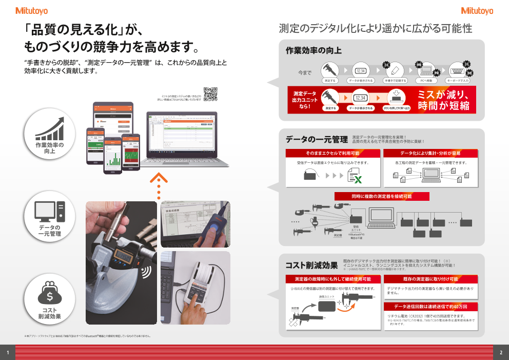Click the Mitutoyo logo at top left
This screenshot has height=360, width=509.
(x=32, y=11)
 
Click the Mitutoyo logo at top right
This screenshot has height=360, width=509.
(x=477, y=11)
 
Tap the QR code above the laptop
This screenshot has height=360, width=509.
(x=210, y=94)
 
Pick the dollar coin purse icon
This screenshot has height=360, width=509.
(x=50, y=293)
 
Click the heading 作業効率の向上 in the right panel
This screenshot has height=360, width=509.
(x=314, y=51)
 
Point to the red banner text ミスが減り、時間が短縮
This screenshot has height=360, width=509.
(x=443, y=100)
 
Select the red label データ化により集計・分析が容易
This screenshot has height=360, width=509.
(x=430, y=154)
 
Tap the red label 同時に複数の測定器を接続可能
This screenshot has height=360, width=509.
(x=382, y=197)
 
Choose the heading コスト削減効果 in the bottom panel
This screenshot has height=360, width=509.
(x=311, y=266)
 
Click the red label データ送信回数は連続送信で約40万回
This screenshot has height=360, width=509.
(x=430, y=307)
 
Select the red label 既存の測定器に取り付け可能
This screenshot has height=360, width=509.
(x=430, y=279)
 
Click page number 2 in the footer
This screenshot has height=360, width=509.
(x=501, y=352)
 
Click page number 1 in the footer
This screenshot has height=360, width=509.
(x=8, y=352)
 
